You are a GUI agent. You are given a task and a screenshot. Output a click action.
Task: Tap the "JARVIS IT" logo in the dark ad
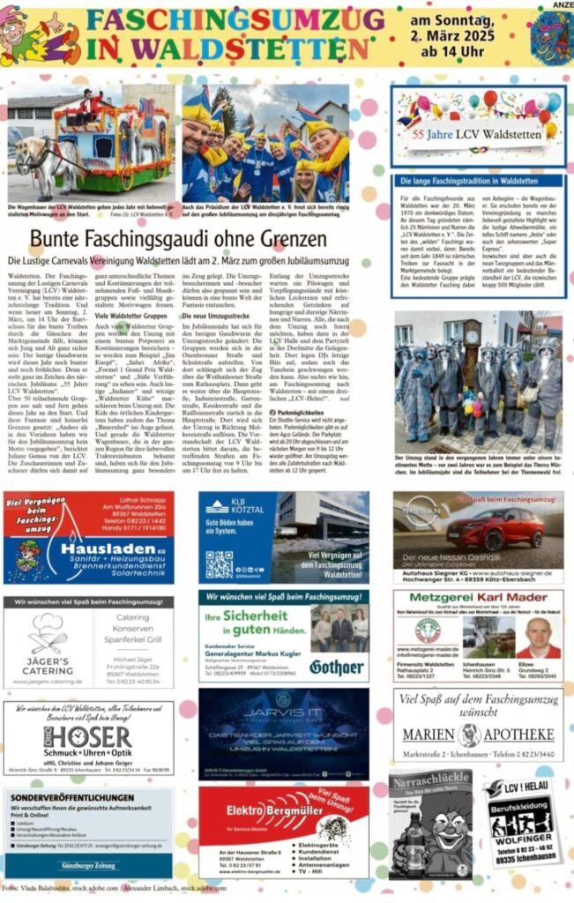pos(281,711)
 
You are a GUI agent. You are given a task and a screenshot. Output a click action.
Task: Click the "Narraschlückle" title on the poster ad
pos(430,782)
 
